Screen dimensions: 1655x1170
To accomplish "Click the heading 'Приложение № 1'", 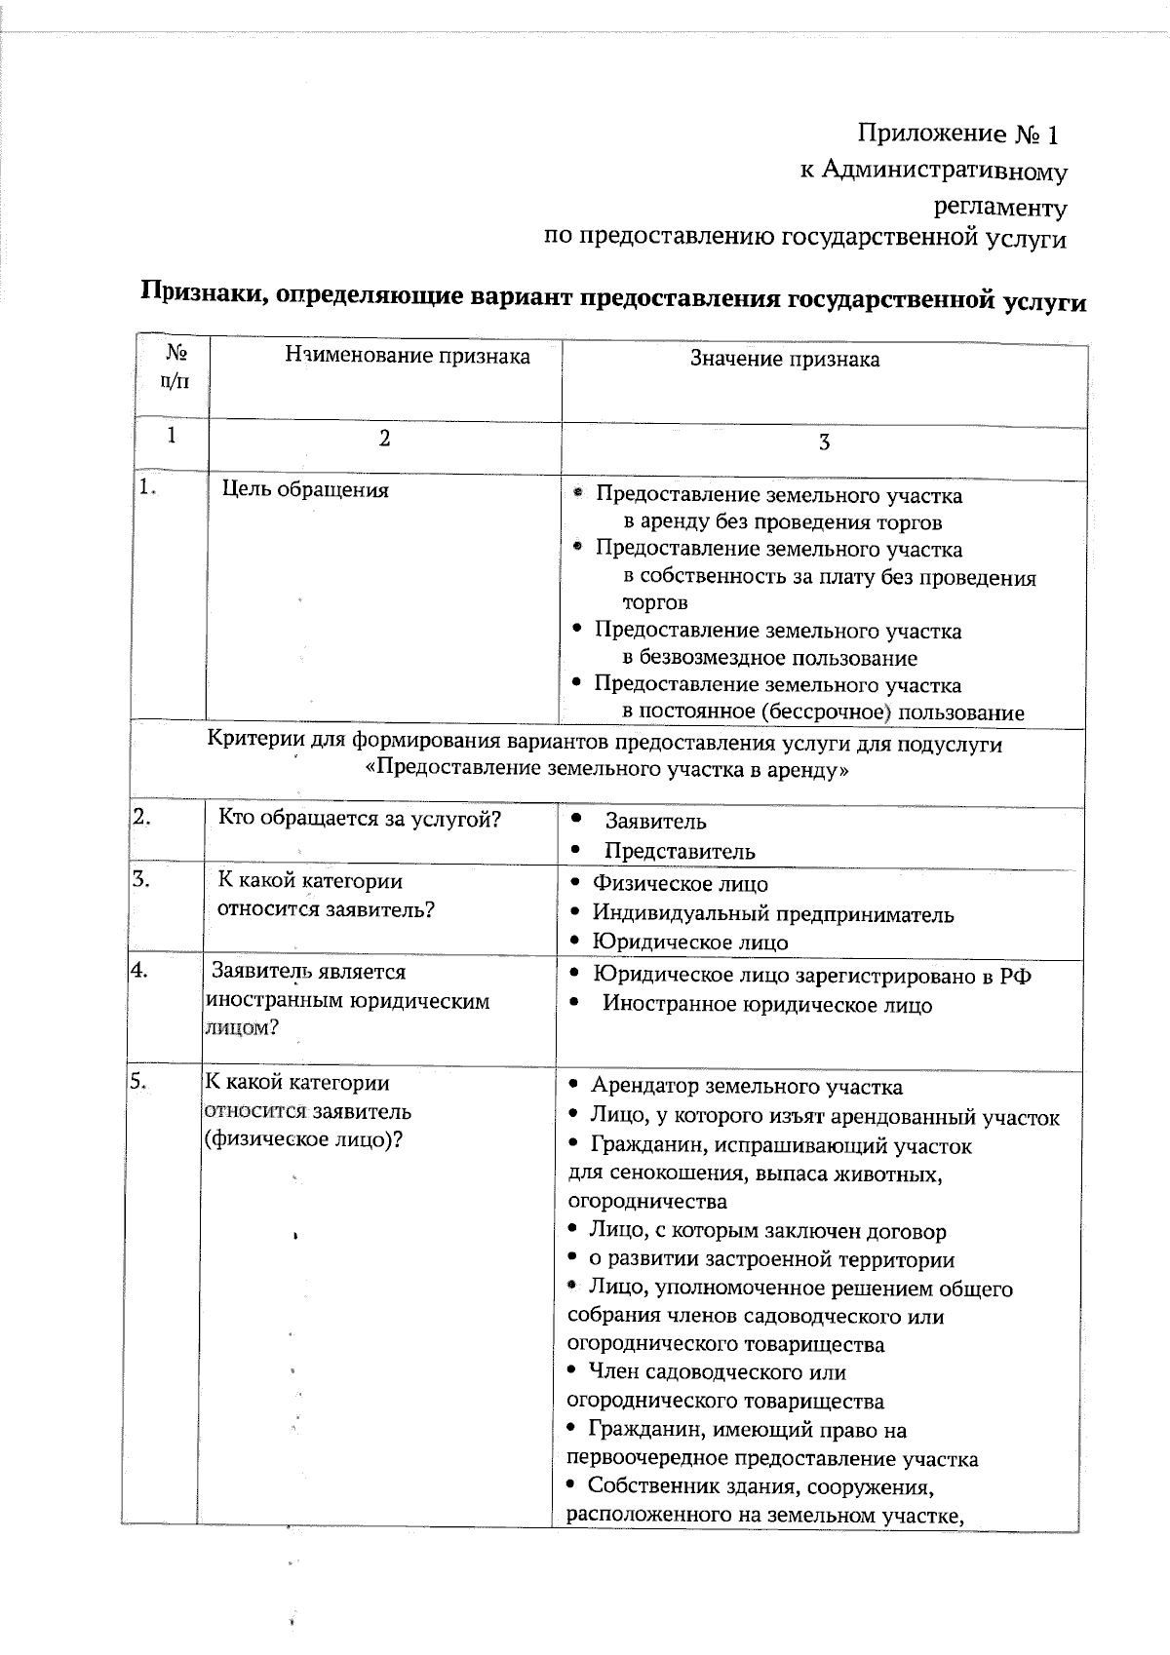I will [x=957, y=133].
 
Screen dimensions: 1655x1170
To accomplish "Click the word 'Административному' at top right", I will [x=944, y=172].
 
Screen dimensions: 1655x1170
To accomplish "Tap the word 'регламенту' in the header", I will [x=1000, y=209].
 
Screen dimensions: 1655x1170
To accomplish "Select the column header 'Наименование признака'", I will [x=408, y=357].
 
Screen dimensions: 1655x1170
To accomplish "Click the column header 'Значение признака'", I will [x=785, y=360].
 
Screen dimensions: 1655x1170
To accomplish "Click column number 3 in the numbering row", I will [x=824, y=443].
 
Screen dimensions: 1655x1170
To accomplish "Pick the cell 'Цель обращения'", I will [x=305, y=490].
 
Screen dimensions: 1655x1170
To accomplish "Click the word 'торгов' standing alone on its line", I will [x=655, y=603].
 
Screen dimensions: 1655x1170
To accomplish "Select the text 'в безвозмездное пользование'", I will [x=769, y=658].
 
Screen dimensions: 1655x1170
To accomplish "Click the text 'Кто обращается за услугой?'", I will [x=359, y=819].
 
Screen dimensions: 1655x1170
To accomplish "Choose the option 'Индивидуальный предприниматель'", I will [x=773, y=915].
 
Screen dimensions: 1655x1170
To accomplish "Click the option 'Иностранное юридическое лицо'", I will [x=766, y=1005].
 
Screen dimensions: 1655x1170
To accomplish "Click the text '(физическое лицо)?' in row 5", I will [x=303, y=1140].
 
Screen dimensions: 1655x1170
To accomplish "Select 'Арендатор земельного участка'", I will [x=746, y=1087].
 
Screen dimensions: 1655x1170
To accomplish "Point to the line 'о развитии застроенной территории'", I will [x=770, y=1260].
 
